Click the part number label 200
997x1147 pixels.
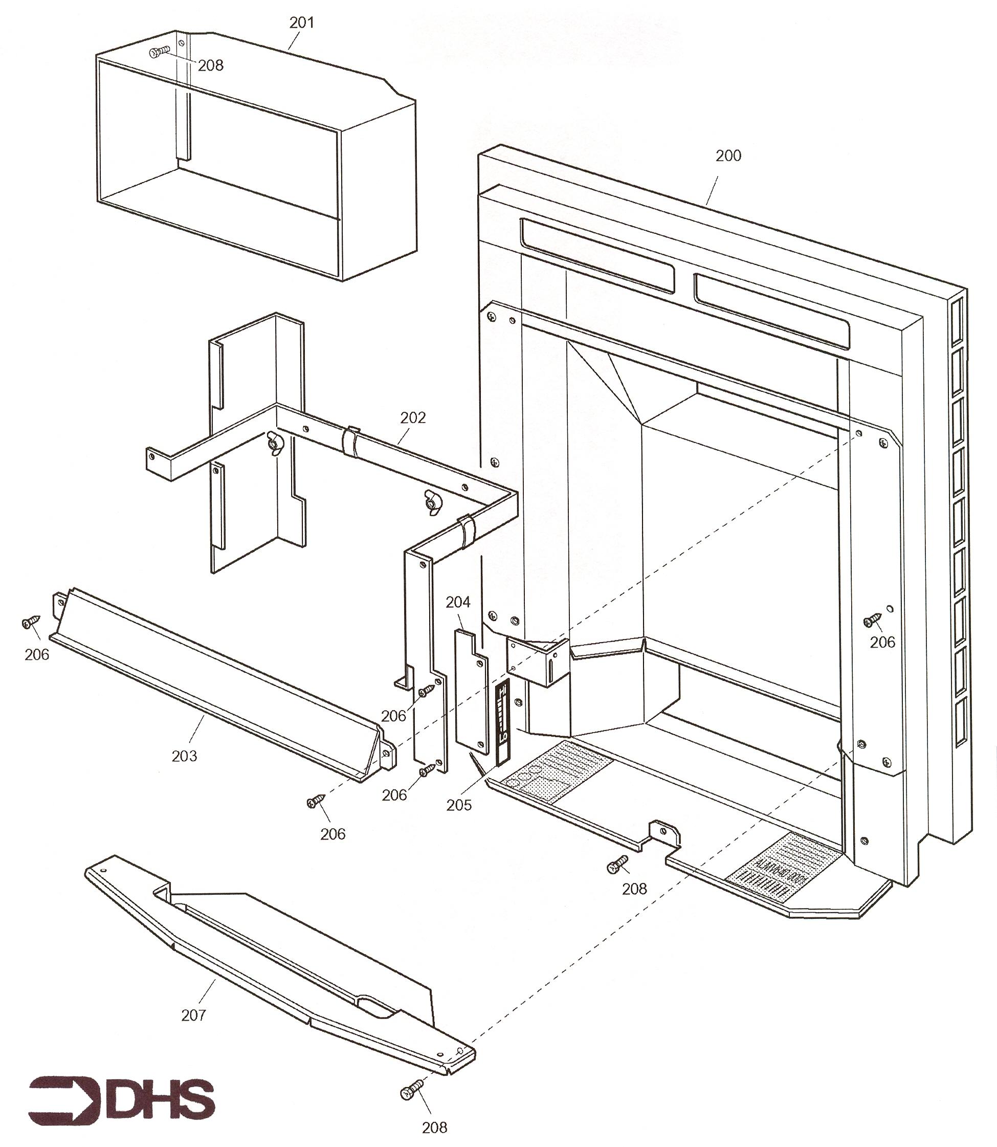pyautogui.click(x=728, y=156)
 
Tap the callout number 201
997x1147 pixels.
pyautogui.click(x=301, y=23)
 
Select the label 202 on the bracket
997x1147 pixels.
pyautogui.click(x=413, y=418)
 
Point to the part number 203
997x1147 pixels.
pyautogui.click(x=184, y=756)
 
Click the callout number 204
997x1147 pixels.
pyautogui.click(x=458, y=602)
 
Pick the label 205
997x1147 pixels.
pyautogui.click(x=458, y=805)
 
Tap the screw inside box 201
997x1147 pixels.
pyautogui.click(x=159, y=53)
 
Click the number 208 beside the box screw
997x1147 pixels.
pyautogui.click(x=210, y=65)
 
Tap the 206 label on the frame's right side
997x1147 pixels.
pyautogui.click(x=882, y=642)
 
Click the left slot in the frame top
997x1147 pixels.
pyautogui.click(x=597, y=255)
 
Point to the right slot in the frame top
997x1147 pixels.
pyautogui.click(x=772, y=312)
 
